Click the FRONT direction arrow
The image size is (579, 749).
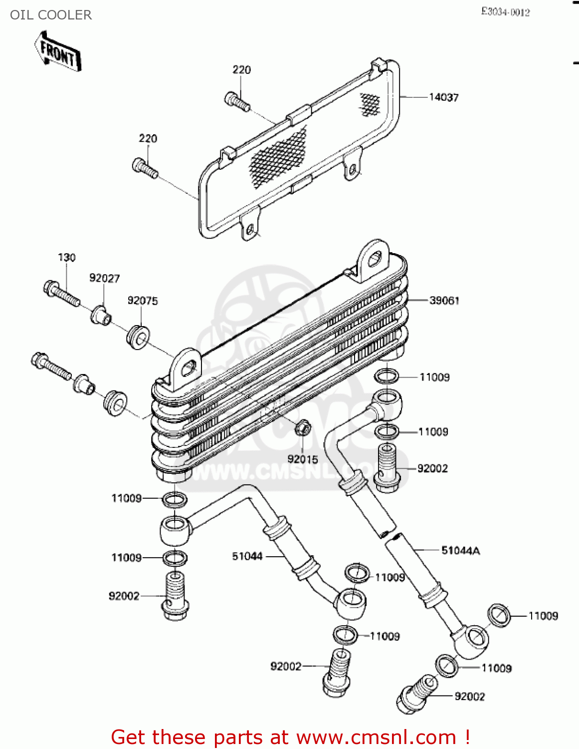click(x=58, y=51)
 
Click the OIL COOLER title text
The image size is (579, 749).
click(x=51, y=15)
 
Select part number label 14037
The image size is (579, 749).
click(x=443, y=97)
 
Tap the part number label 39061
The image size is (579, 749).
click(x=444, y=300)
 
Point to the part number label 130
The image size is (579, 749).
click(x=67, y=257)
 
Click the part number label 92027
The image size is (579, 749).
click(x=104, y=278)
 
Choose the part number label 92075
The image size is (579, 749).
click(x=143, y=301)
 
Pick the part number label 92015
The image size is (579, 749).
click(x=302, y=459)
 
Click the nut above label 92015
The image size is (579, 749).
click(x=303, y=427)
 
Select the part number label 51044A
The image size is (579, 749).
click(x=460, y=551)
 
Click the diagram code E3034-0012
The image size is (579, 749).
click(x=505, y=12)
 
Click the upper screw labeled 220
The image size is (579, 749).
click(x=237, y=102)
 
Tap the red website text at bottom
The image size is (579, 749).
click(x=290, y=737)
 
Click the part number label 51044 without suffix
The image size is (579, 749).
click(x=247, y=556)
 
